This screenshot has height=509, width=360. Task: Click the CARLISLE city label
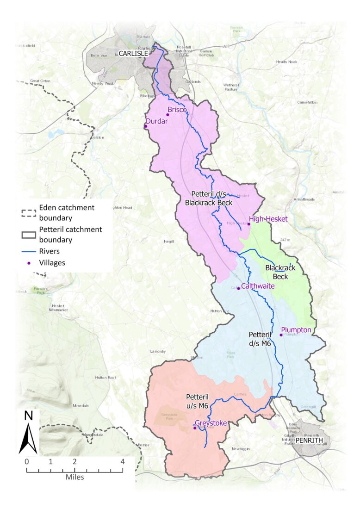click(x=133, y=54)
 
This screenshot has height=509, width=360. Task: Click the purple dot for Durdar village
click(x=146, y=126)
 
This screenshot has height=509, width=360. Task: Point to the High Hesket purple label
click(x=268, y=219)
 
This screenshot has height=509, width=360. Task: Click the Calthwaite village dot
click(x=238, y=288)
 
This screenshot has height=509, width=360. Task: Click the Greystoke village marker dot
click(x=195, y=428)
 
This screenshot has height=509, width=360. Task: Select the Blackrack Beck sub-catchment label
click(x=280, y=272)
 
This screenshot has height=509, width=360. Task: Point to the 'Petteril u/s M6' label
click(x=199, y=401)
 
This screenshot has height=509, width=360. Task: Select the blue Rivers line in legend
click(x=29, y=252)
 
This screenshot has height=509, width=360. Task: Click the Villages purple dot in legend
click(x=29, y=263)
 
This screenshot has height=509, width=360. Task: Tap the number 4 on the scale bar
click(x=123, y=461)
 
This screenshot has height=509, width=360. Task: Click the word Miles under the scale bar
click(x=74, y=477)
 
